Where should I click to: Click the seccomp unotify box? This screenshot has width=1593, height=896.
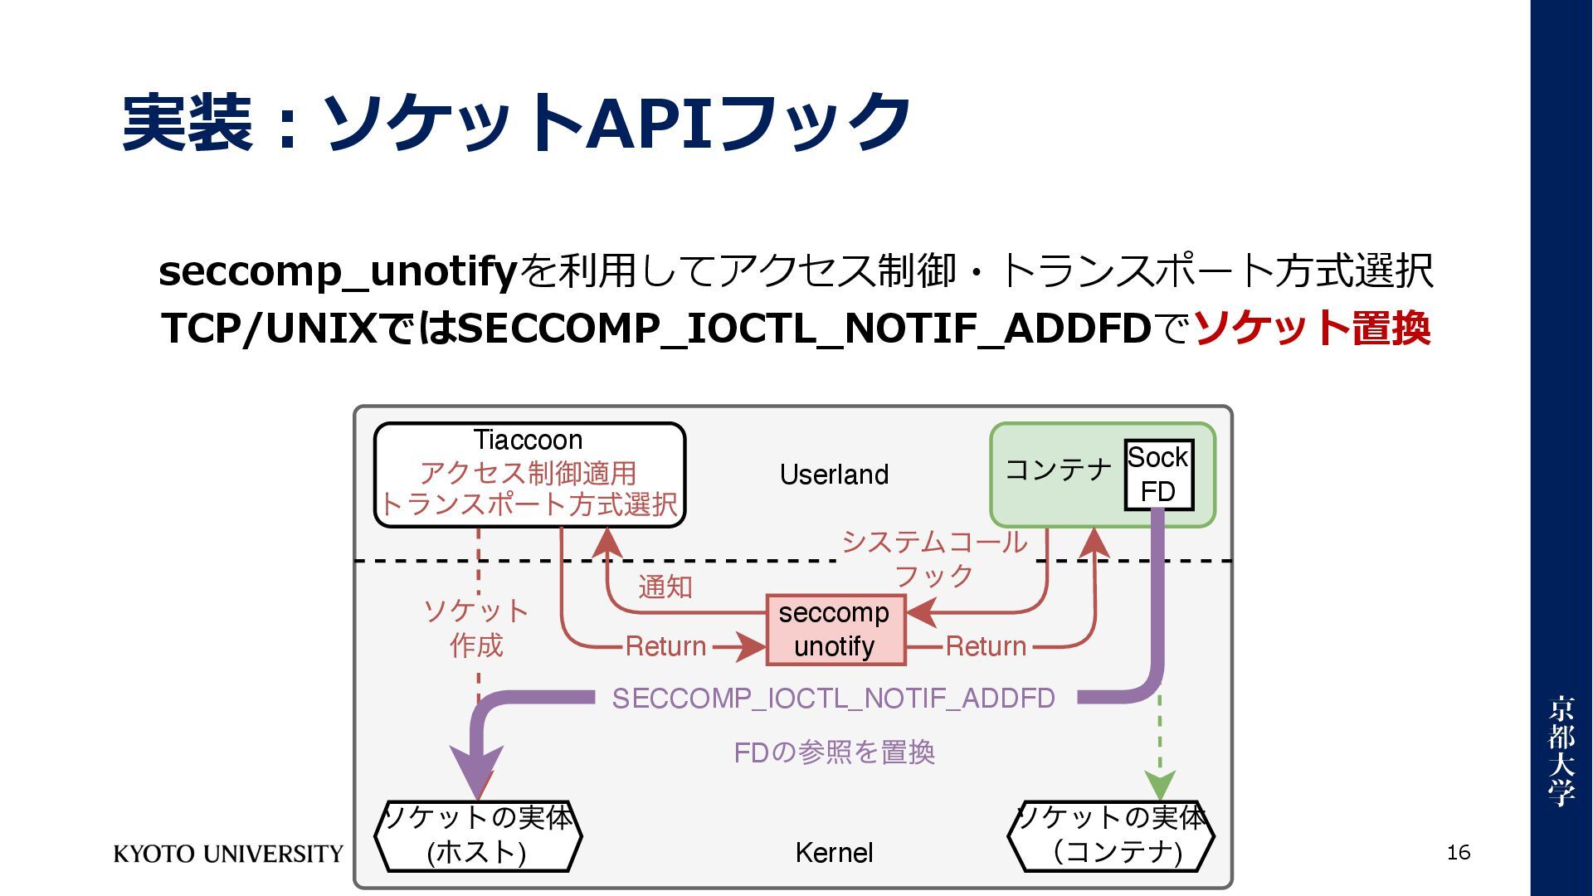(835, 630)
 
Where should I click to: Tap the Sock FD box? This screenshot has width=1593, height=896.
(1158, 475)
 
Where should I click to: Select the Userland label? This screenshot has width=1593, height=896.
(834, 475)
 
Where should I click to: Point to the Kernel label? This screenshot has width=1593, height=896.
(834, 853)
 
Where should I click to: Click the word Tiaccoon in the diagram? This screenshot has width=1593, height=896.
(528, 440)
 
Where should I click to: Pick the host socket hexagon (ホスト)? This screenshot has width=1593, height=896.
(478, 835)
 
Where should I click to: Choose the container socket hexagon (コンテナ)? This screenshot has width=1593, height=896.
(1111, 835)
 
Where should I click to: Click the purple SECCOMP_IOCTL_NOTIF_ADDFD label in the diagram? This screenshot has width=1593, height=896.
(833, 699)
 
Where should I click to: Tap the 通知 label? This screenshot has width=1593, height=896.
(665, 587)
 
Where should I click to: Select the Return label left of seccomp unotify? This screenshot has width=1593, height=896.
(665, 646)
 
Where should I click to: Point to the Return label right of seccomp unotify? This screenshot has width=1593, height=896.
(986, 646)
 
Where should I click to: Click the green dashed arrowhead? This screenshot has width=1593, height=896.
(1159, 784)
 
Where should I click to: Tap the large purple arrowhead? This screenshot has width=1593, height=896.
(476, 767)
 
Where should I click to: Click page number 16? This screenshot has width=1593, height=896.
(1458, 852)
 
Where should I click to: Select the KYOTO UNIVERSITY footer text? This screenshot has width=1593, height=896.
(228, 854)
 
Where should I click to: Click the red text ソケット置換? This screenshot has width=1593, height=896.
(1312, 328)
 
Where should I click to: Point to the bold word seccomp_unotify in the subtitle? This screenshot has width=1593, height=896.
(338, 271)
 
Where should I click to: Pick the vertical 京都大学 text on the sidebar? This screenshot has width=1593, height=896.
(1561, 750)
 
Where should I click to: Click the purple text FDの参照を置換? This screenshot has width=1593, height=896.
(834, 752)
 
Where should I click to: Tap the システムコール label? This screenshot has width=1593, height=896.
(934, 543)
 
